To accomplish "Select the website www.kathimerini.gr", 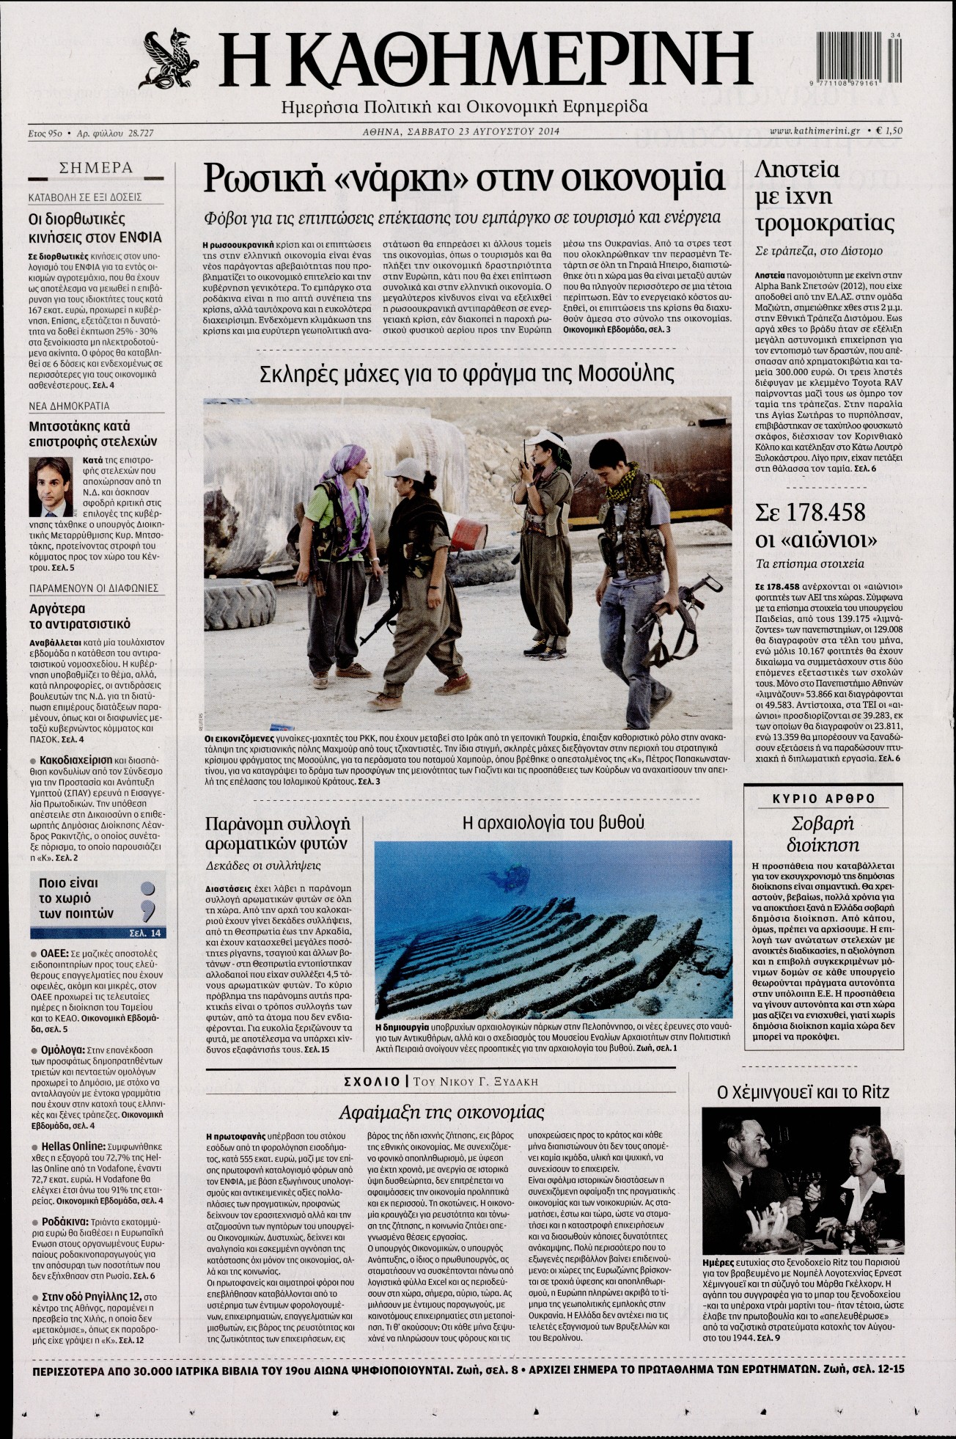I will point(815,131).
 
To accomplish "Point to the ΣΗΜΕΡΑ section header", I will point(96,168).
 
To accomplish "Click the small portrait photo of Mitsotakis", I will point(45,487).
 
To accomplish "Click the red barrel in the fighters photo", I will point(468,534).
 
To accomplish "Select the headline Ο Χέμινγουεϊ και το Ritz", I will point(803,1092).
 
